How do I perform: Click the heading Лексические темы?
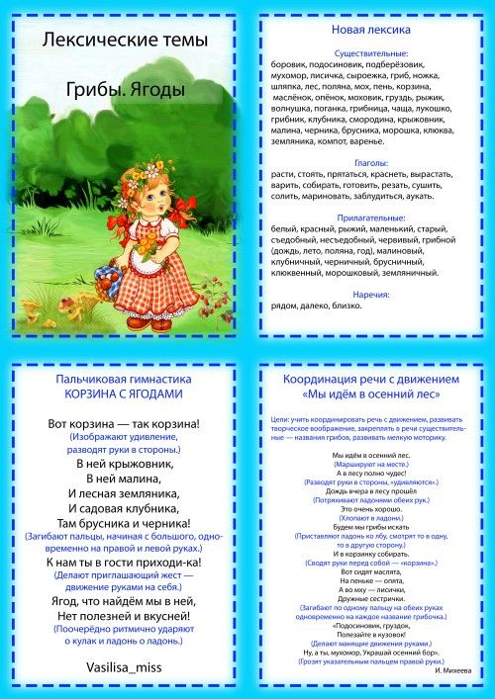click(124, 41)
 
